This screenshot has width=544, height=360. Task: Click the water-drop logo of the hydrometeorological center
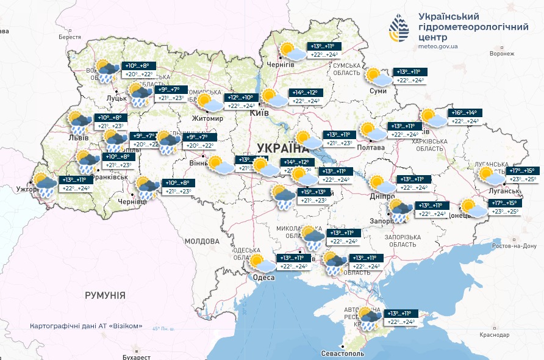pyautogui.click(x=401, y=30)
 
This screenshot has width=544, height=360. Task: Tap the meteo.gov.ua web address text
pyautogui.click(x=441, y=46)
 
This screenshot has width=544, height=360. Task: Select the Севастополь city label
pyautogui.click(x=343, y=354)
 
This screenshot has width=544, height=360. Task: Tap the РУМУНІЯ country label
pyautogui.click(x=106, y=295)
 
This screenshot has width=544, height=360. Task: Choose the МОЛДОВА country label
pyautogui.click(x=202, y=242)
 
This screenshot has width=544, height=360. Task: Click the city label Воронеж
pyautogui.click(x=503, y=53)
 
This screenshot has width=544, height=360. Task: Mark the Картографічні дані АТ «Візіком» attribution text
pyautogui.click(x=86, y=326)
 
